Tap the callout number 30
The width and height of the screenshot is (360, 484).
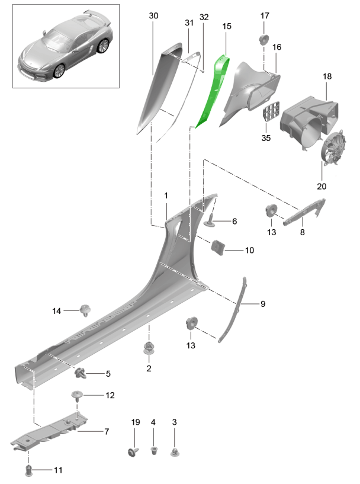tap(153, 16)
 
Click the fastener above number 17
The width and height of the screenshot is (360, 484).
tap(262, 40)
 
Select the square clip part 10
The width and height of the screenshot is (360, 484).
tap(218, 248)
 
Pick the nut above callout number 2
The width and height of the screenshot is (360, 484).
tap(148, 348)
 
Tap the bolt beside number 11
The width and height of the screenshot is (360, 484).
tap(29, 470)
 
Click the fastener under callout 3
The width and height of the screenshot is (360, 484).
tap(174, 453)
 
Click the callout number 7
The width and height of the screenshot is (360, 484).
tap(106, 432)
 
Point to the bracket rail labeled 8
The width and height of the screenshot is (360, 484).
tap(305, 212)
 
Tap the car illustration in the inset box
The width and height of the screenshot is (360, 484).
tap(65, 46)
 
